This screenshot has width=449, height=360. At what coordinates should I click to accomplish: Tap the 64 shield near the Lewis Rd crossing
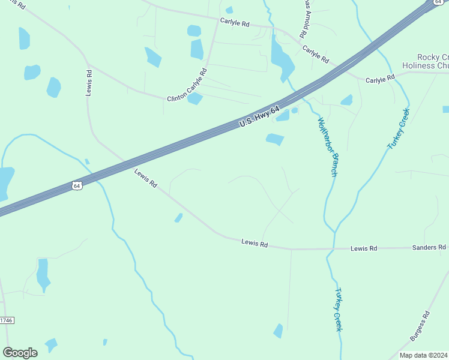(76, 186)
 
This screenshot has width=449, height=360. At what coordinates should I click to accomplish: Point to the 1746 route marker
(6, 321)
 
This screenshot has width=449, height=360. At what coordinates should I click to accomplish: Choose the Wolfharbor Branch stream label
(327, 146)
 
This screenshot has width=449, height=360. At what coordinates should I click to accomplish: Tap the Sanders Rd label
(429, 247)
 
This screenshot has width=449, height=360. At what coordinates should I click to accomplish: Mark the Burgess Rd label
(420, 326)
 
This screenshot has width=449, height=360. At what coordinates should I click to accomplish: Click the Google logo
(20, 352)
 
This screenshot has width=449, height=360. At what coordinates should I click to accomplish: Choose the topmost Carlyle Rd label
(234, 22)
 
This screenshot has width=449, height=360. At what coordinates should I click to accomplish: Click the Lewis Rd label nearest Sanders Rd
(364, 248)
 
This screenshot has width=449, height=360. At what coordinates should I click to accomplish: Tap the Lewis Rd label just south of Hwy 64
(145, 179)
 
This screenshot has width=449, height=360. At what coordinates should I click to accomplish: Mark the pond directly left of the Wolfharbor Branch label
(275, 139)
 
